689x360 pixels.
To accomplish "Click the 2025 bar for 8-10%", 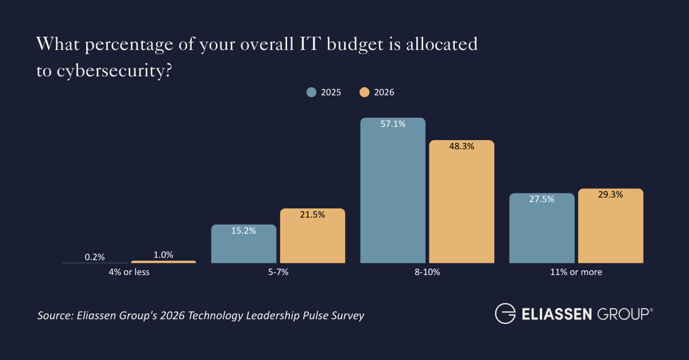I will (x=393, y=195).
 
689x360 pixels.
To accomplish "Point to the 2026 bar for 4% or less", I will (x=163, y=262).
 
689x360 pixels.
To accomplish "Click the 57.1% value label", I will (x=393, y=123).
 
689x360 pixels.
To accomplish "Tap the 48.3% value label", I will (x=462, y=146).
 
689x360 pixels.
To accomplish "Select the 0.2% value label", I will (x=95, y=257).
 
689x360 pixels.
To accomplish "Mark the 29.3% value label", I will (x=610, y=195).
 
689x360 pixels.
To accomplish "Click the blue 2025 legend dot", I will (x=311, y=92).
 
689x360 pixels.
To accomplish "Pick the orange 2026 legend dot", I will (x=364, y=92).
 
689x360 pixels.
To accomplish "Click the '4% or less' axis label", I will (x=129, y=272).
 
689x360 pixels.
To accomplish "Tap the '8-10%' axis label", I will (x=427, y=272).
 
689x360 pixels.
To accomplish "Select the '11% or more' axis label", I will (x=576, y=272).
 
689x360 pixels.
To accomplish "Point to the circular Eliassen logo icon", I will (x=506, y=314).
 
